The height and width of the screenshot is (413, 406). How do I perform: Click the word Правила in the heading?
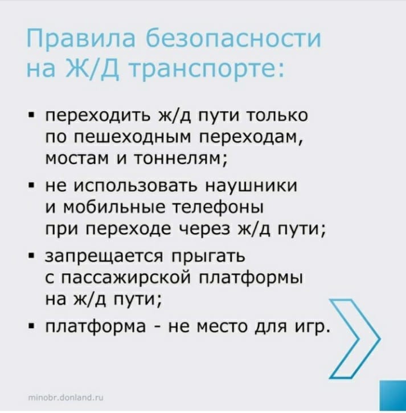81,39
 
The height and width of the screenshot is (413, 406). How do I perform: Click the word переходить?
99,116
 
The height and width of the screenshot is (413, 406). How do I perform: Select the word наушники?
251,186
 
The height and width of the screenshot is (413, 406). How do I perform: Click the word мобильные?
114,207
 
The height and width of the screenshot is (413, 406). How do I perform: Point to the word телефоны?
218,208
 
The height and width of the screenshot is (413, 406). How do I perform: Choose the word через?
206,230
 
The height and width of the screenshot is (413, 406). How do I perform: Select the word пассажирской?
126,278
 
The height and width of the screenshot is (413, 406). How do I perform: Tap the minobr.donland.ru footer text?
66,397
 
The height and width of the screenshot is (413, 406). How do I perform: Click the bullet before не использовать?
31,186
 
